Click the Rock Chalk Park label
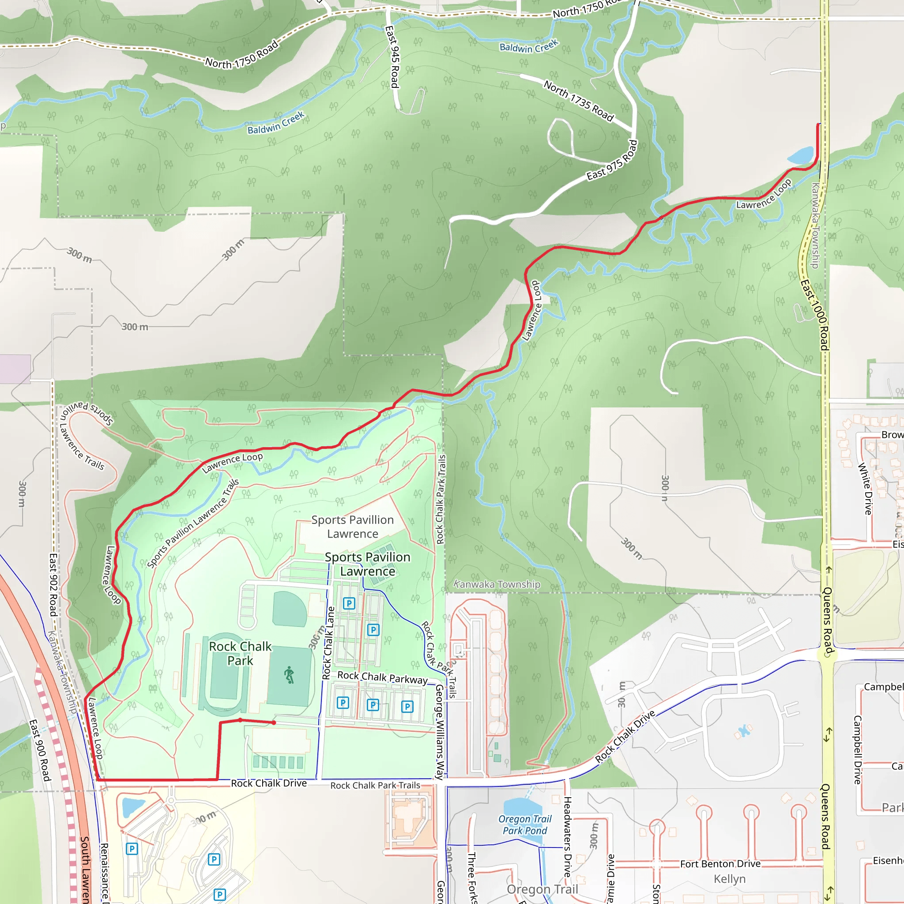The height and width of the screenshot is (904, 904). point(240,653)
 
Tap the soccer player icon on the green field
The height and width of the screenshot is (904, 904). point(289,675)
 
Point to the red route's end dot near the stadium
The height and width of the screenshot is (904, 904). point(274,723)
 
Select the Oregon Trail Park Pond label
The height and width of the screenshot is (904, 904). point(524,825)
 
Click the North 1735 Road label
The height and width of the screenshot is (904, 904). point(578,101)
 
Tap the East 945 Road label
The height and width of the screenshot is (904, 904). point(392,56)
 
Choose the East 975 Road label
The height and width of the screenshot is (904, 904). point(612,161)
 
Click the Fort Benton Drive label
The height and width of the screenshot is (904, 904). point(720,864)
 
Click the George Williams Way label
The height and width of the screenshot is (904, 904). point(439,732)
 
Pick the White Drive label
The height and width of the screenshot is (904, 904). point(865,489)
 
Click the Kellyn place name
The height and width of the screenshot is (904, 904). point(730,879)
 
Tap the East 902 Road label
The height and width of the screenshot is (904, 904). point(53,585)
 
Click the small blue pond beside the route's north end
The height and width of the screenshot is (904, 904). point(801,155)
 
